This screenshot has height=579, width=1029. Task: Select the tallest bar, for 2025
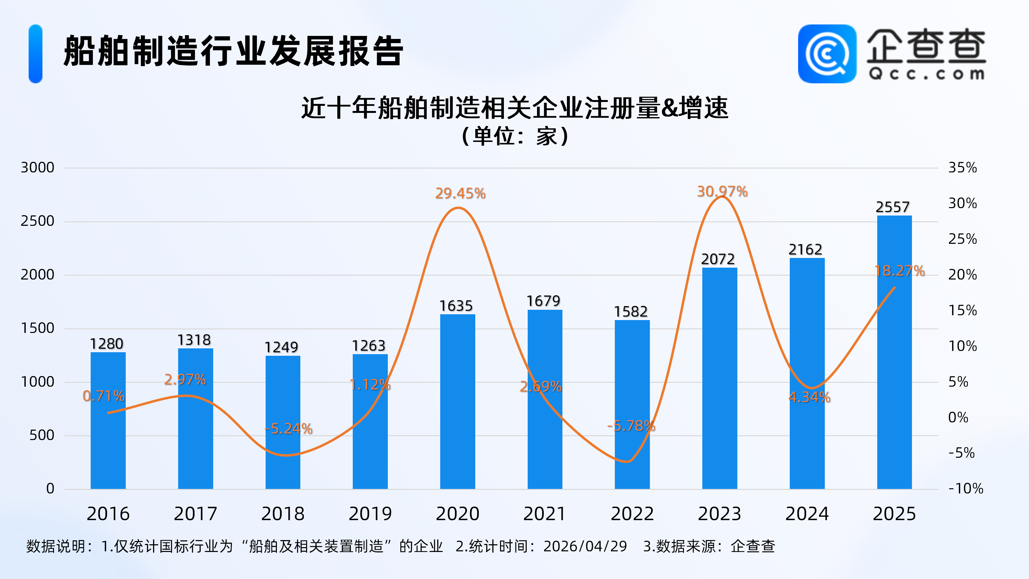(894, 352)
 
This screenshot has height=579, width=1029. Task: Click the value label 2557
(892, 207)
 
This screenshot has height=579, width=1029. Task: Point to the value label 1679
(543, 301)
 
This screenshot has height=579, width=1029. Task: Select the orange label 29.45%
(460, 193)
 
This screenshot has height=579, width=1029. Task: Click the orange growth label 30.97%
(722, 191)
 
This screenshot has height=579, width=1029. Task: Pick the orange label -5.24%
(288, 429)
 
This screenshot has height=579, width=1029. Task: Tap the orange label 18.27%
(900, 271)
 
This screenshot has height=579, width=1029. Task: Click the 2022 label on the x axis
(632, 514)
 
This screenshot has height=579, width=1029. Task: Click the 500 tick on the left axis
(41, 435)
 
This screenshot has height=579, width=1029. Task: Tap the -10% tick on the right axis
(965, 488)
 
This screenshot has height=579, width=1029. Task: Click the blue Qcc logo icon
(827, 54)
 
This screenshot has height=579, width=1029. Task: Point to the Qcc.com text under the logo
(926, 74)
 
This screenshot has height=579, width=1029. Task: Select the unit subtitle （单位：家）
(514, 136)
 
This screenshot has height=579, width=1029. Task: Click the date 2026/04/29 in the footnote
(585, 546)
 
